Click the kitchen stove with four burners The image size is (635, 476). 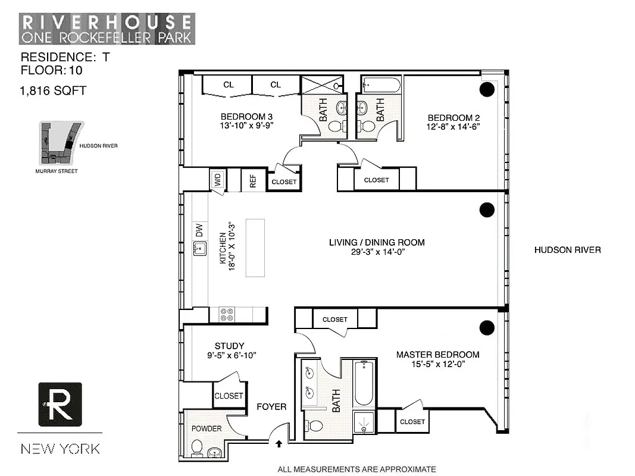[x=227, y=315]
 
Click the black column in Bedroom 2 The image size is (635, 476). [x=487, y=89]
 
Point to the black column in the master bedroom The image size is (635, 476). [x=487, y=327]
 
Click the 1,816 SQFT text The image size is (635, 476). [x=54, y=90]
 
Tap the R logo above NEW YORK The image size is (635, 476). [x=60, y=404]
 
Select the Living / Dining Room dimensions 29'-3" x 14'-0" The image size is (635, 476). [x=377, y=252]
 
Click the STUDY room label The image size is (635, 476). [x=229, y=346]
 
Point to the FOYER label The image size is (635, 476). [x=271, y=407]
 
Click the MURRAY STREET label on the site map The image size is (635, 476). [x=56, y=171]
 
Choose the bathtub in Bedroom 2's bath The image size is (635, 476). [x=381, y=85]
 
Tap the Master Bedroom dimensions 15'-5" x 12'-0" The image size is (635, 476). [x=437, y=364]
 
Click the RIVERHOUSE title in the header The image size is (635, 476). [x=107, y=22]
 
